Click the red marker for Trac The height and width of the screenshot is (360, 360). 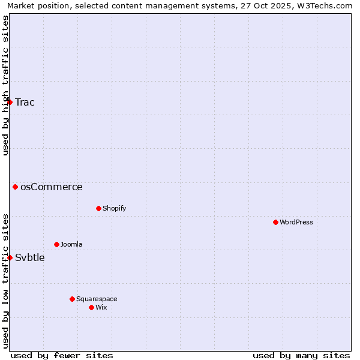[x=10, y=102]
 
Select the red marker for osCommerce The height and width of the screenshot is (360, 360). [x=15, y=187]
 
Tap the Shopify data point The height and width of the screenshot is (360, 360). [x=98, y=208]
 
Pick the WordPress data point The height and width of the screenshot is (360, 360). [x=275, y=222]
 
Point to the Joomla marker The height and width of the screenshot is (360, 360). [x=56, y=244]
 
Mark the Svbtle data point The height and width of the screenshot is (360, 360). [x=10, y=257]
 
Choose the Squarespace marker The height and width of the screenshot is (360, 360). [x=72, y=299]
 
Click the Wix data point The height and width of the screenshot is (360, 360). [x=91, y=307]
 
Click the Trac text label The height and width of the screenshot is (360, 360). [x=25, y=102]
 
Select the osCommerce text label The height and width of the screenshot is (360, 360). [x=52, y=187]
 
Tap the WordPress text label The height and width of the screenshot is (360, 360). [x=296, y=222]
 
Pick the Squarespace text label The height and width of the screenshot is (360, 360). [x=97, y=299]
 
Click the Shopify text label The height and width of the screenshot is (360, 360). [x=114, y=208]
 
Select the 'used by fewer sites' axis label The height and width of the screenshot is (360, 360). [x=62, y=355]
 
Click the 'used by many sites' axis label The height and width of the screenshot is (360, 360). [x=301, y=355]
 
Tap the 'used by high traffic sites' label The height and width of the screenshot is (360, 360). [x=5, y=85]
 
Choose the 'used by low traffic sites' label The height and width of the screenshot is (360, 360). [x=5, y=281]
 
